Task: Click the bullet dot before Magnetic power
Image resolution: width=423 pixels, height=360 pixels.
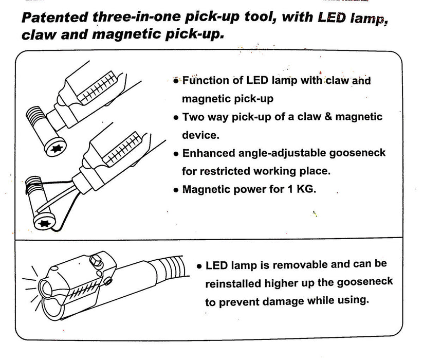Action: [176, 190]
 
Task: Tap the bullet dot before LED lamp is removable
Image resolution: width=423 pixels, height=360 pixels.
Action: [199, 267]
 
